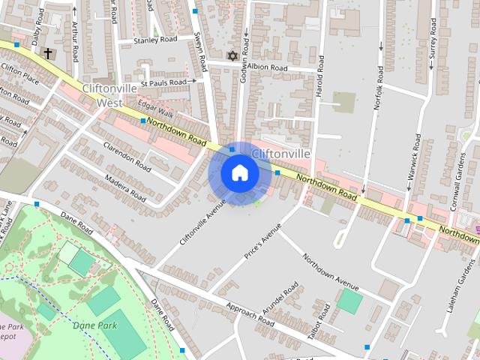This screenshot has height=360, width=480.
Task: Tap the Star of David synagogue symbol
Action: click(231, 56)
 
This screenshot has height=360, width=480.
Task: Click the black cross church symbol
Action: click(49, 53)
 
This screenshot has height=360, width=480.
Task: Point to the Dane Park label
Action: click(96, 325)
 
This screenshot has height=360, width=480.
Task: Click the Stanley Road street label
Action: click(154, 39)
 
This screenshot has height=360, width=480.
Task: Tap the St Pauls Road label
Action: click(163, 82)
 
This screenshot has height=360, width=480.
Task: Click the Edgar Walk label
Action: click(156, 115)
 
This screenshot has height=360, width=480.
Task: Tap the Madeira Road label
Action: click(126, 184)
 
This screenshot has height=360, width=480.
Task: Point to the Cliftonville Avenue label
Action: click(202, 221)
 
